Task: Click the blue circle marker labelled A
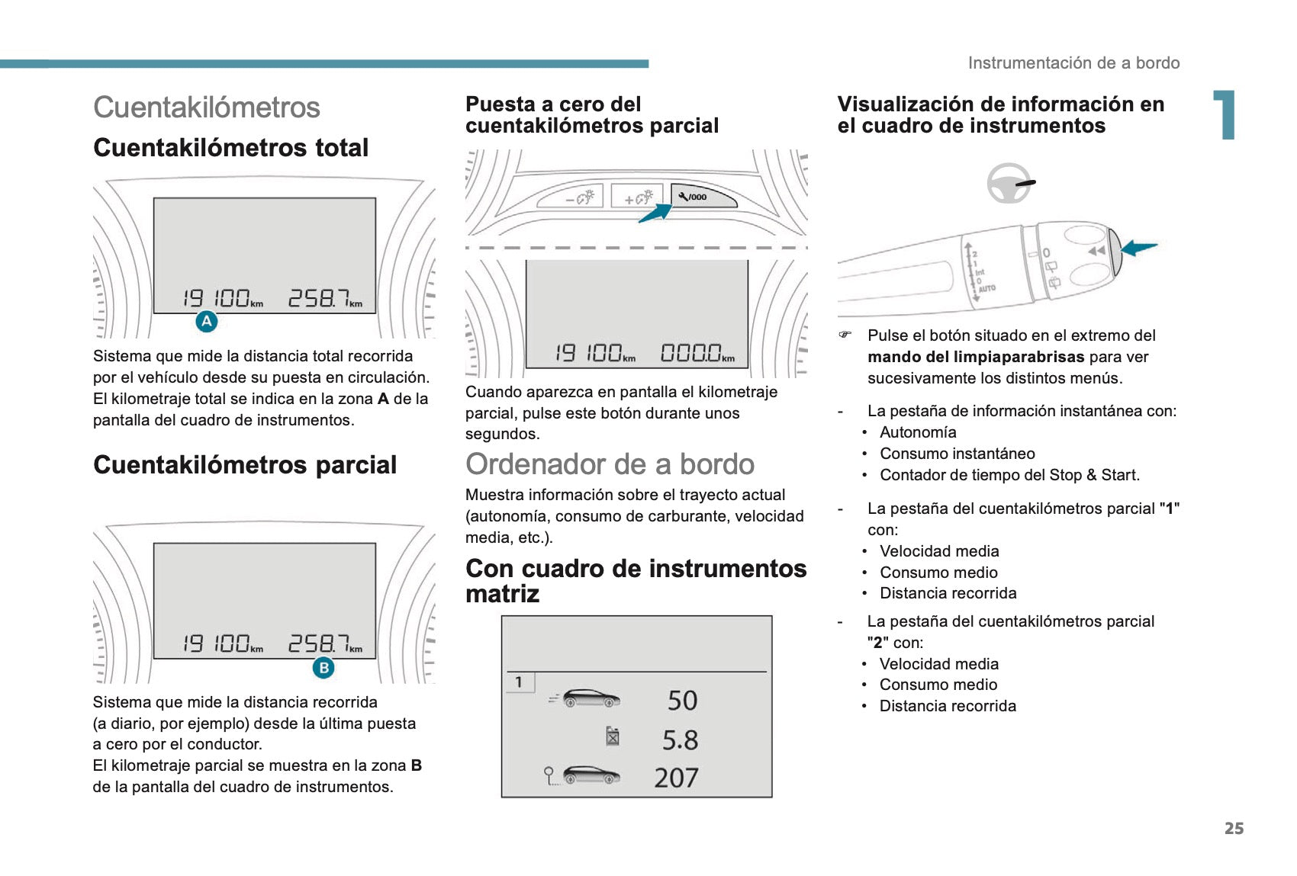pyautogui.click(x=207, y=322)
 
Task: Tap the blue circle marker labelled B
pyautogui.click(x=323, y=668)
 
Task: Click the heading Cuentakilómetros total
pyautogui.click(x=230, y=148)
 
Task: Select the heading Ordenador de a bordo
pyautogui.click(x=610, y=464)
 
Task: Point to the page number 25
pyautogui.click(x=1234, y=829)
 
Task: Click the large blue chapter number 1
pyautogui.click(x=1225, y=115)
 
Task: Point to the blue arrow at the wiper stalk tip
pyautogui.click(x=1139, y=247)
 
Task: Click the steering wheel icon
pyautogui.click(x=1009, y=183)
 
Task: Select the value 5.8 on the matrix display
pyautogui.click(x=680, y=740)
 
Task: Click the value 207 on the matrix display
pyautogui.click(x=676, y=778)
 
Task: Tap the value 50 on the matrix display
pyautogui.click(x=682, y=701)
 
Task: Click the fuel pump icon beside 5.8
pyautogui.click(x=613, y=736)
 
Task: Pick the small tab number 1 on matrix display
pyautogui.click(x=519, y=682)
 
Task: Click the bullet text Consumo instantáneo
pyautogui.click(x=957, y=454)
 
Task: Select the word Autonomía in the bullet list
pyautogui.click(x=918, y=432)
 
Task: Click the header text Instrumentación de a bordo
pyautogui.click(x=1073, y=63)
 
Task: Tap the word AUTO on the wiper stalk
pyautogui.click(x=986, y=289)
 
